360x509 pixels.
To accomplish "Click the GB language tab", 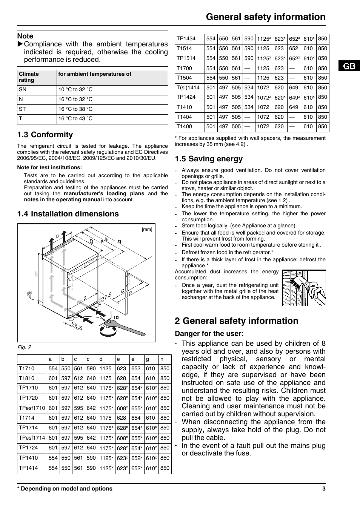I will click(x=349, y=66).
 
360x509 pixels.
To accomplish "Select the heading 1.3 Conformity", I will click(x=45, y=135).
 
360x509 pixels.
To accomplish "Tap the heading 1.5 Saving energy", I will click(x=209, y=159).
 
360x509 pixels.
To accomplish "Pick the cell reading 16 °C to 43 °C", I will click(x=75, y=119).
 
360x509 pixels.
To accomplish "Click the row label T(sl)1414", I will click(x=188, y=87).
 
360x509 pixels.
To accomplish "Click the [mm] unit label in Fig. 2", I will click(x=147, y=229).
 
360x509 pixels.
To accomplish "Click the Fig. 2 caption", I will click(x=24, y=347).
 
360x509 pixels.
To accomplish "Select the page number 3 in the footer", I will click(x=324, y=489).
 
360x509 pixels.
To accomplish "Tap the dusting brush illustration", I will click(x=304, y=287).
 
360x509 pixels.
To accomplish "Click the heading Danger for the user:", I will click(x=209, y=334).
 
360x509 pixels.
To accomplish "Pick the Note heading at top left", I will click(x=25, y=36).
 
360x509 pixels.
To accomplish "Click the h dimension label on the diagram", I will click(x=36, y=274).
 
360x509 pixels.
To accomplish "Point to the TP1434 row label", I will click(x=186, y=39).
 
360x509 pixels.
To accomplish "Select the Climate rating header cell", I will click(x=29, y=77).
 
